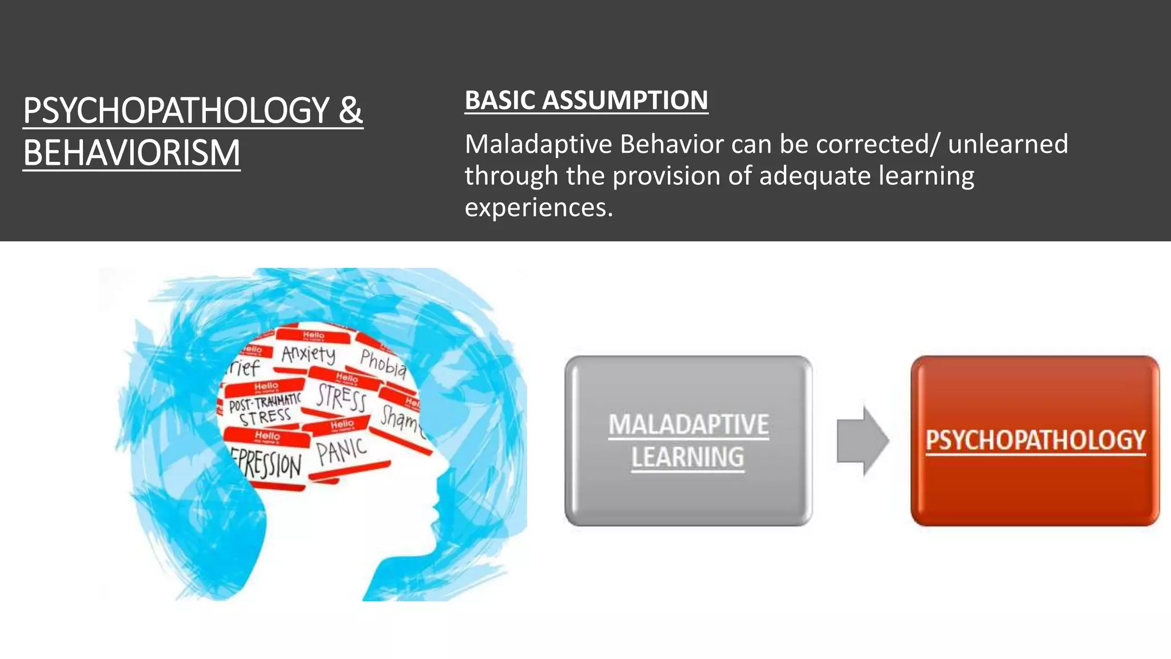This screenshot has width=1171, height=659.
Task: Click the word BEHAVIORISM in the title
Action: (132, 153)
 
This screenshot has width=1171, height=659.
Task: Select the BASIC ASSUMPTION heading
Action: (586, 100)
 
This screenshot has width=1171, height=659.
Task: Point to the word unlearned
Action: (1007, 144)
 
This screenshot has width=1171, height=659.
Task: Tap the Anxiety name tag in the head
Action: (309, 354)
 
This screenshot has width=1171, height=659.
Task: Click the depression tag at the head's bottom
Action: (268, 463)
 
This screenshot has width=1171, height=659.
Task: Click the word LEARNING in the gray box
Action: (688, 458)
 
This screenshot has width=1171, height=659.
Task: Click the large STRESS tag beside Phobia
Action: (342, 398)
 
